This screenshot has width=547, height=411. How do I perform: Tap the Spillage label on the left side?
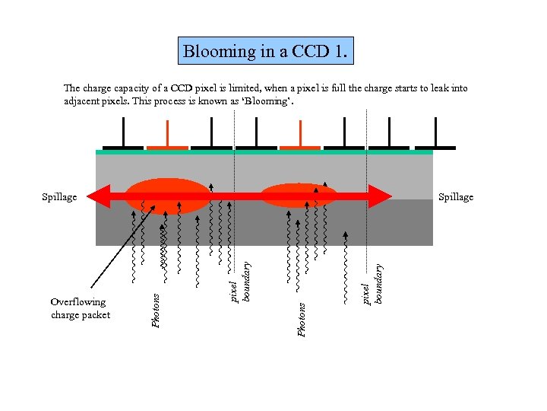(x=59, y=197)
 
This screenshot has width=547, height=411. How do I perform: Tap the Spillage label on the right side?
(x=456, y=197)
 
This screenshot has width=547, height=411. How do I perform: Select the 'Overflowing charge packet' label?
(x=81, y=308)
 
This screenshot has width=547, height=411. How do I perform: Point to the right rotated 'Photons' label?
(x=302, y=320)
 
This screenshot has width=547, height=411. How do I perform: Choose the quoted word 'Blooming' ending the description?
(x=275, y=101)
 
